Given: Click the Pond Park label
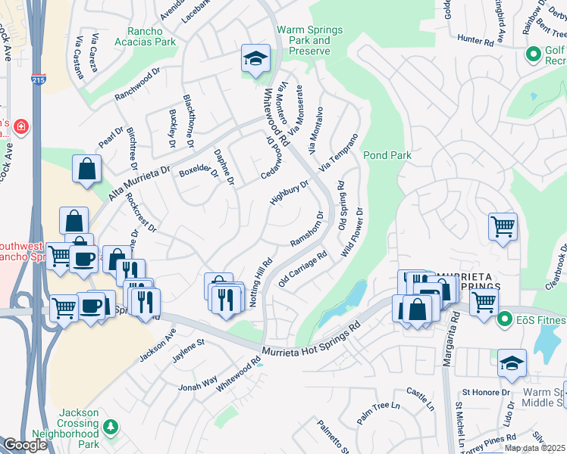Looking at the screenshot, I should pyautogui.click(x=387, y=155).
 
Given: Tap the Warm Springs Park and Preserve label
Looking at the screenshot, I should pyautogui.click(x=309, y=40).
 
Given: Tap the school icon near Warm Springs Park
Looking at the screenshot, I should pyautogui.click(x=256, y=58).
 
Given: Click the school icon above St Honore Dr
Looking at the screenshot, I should pyautogui.click(x=512, y=364).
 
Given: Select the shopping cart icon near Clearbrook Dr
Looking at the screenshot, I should pyautogui.click(x=503, y=225).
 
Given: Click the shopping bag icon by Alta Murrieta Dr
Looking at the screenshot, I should pyautogui.click(x=87, y=169).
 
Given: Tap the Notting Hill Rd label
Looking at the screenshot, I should pyautogui.click(x=261, y=281).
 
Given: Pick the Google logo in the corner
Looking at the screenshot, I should pyautogui.click(x=24, y=444).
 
